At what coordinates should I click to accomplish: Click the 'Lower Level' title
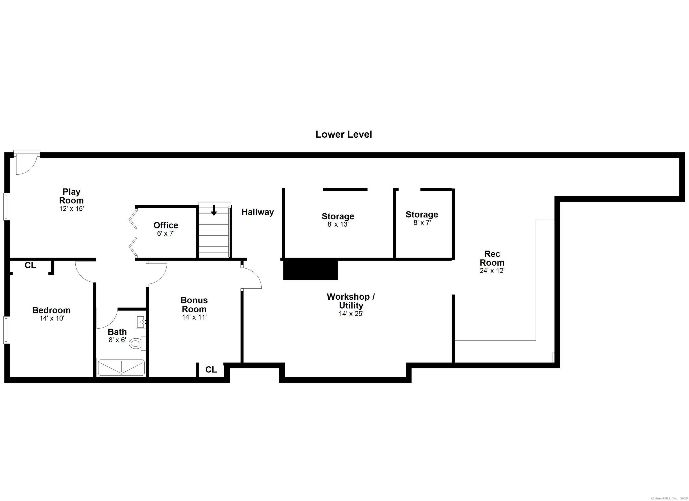[x=344, y=134]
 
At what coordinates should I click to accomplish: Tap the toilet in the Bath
[x=135, y=344]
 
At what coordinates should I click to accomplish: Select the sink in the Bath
[x=141, y=322]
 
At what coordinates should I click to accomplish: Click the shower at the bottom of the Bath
[x=121, y=368]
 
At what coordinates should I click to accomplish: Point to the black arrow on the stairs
[x=214, y=210]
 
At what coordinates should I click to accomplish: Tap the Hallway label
[x=258, y=212]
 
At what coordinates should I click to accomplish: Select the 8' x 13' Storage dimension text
[x=338, y=224]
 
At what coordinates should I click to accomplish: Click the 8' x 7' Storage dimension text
[x=422, y=223]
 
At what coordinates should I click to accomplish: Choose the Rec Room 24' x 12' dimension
[x=492, y=271]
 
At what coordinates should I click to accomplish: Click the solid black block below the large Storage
[x=310, y=269]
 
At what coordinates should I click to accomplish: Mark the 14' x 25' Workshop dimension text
[x=351, y=314]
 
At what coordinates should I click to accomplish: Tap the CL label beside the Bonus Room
[x=211, y=370]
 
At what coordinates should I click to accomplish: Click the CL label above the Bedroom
[x=30, y=266]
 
